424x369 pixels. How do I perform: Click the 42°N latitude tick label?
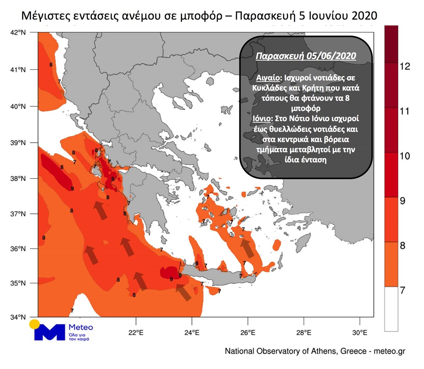coord(18,32)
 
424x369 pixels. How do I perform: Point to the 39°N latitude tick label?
coord(18,143)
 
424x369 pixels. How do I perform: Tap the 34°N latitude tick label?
coord(18,317)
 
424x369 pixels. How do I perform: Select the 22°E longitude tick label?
coord(136,332)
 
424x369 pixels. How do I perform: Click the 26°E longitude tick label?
coord(248,332)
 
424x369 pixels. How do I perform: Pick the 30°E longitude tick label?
coord(360,332)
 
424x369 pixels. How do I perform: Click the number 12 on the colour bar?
coord(405,66)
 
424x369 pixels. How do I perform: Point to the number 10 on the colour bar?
coord(405,156)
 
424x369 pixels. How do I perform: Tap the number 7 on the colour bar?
coord(403,290)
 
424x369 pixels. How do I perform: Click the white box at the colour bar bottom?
coord(391,309)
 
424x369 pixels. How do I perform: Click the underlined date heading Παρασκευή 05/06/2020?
coord(306,56)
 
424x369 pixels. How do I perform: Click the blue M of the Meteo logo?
coord(50,332)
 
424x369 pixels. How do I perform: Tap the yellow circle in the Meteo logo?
coord(35,324)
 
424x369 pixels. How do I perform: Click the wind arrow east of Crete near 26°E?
coord(247,249)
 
